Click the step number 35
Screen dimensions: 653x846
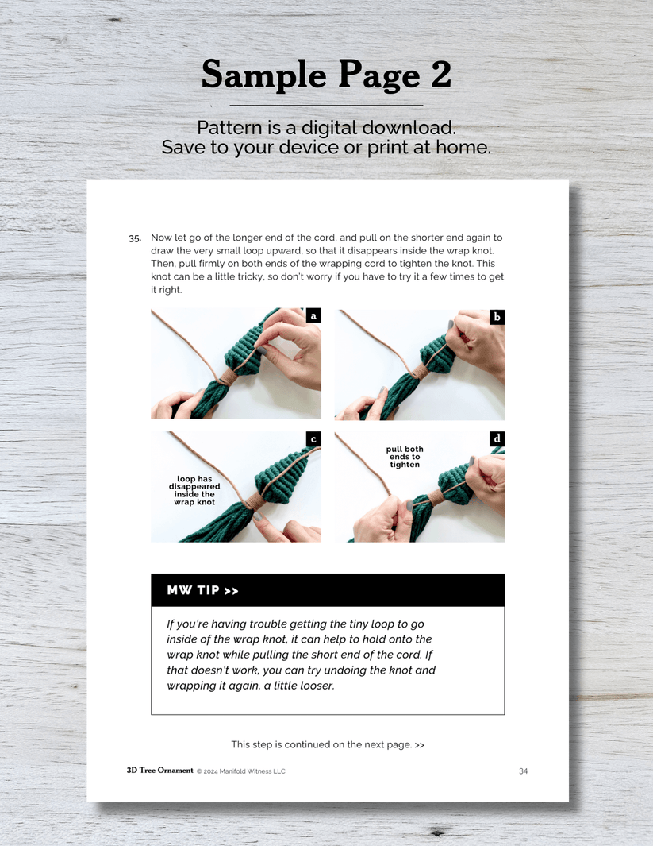pyautogui.click(x=135, y=238)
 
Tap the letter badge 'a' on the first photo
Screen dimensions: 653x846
pyautogui.click(x=313, y=315)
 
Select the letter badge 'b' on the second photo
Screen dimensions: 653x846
pyautogui.click(x=497, y=317)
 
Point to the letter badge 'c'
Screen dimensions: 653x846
pyautogui.click(x=313, y=438)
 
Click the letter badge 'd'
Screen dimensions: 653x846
pyautogui.click(x=497, y=438)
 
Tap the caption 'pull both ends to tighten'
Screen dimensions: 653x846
pyautogui.click(x=405, y=457)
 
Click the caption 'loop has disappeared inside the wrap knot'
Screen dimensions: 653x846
pyautogui.click(x=194, y=490)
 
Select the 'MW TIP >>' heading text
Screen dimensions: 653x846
pyautogui.click(x=202, y=590)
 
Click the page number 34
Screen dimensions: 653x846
pyautogui.click(x=523, y=771)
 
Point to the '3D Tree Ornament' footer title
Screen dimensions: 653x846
pyautogui.click(x=160, y=771)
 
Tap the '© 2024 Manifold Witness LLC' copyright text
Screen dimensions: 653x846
pyautogui.click(x=241, y=771)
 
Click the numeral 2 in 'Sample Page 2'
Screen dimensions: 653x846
pyautogui.click(x=440, y=74)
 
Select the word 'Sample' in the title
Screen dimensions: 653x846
pyautogui.click(x=264, y=75)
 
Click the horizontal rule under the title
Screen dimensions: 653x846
pyautogui.click(x=326, y=105)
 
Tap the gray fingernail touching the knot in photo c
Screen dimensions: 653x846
pyautogui.click(x=258, y=516)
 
